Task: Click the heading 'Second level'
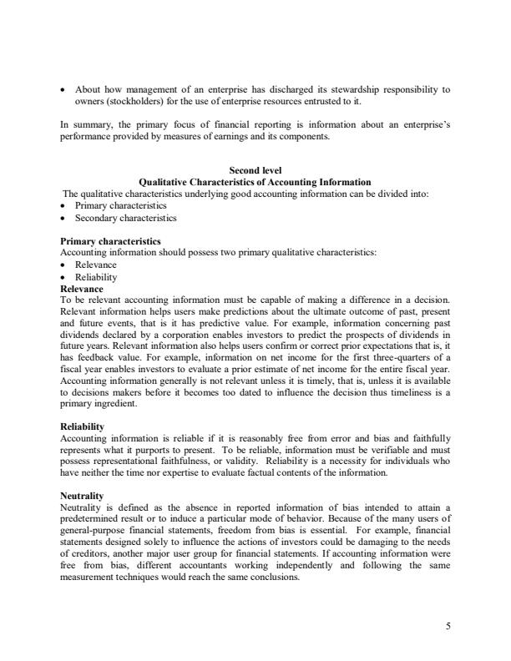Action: pos(255,171)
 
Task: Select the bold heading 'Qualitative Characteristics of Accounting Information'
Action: pos(255,182)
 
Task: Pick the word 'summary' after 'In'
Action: pos(89,124)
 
